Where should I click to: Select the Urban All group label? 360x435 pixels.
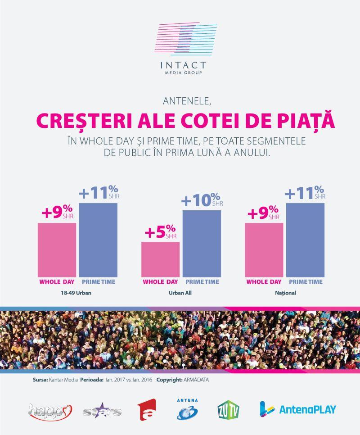click(181, 293)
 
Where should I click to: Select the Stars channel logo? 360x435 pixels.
click(103, 410)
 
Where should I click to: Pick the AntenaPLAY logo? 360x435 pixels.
click(298, 409)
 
